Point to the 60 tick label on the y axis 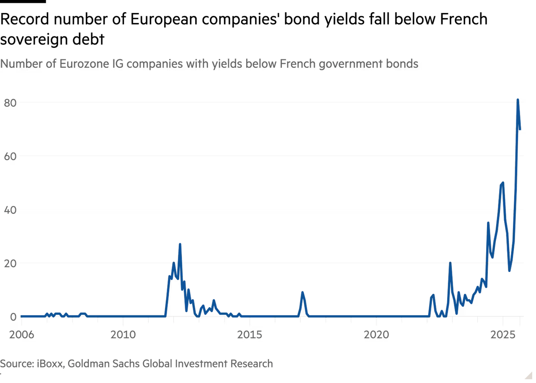pyautogui.click(x=10, y=155)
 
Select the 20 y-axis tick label pyautogui.click(x=10, y=263)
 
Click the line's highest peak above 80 pyautogui.click(x=518, y=99)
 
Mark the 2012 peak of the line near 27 pyautogui.click(x=180, y=243)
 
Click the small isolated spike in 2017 pyautogui.click(x=302, y=292)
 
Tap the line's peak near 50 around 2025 pyautogui.click(x=502, y=182)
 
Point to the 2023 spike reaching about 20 pyautogui.click(x=450, y=262)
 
